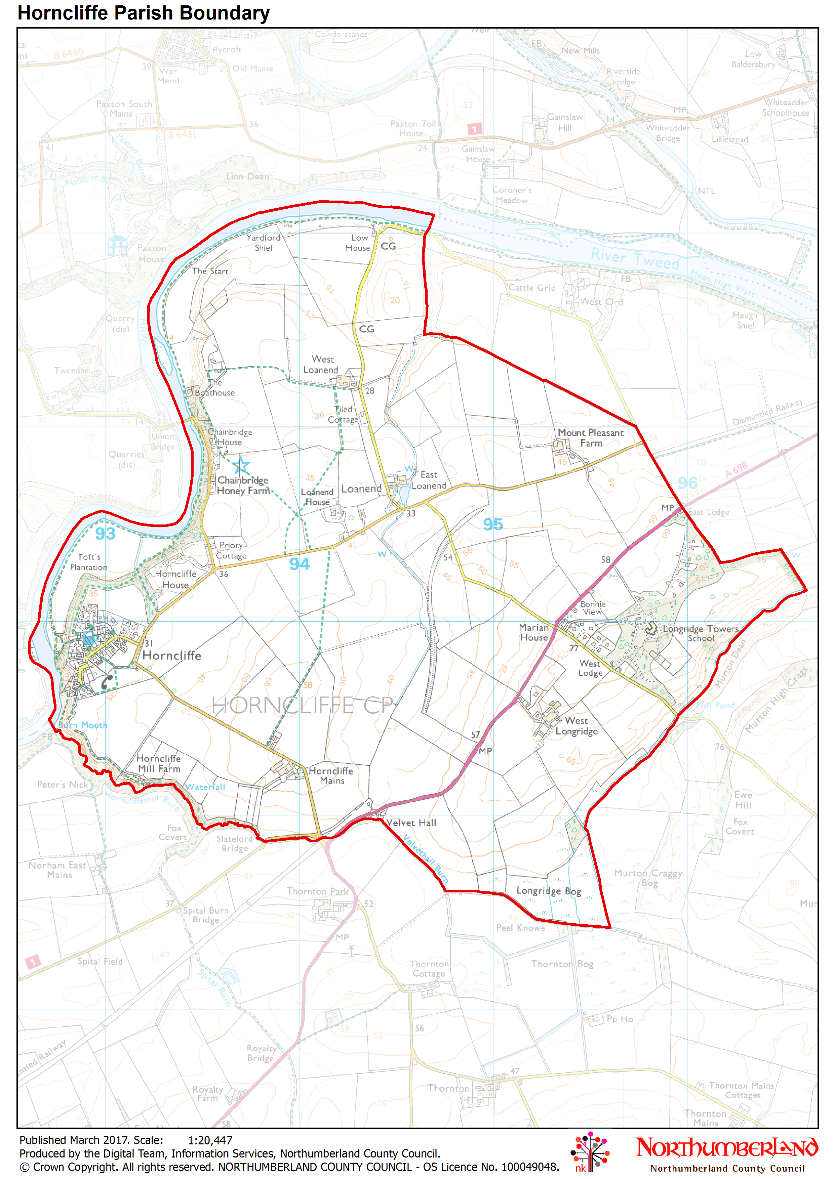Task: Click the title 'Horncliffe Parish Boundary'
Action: point(144,13)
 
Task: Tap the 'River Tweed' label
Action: point(635,258)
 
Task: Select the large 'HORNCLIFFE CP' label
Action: point(303,706)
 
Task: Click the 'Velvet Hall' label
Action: point(411,823)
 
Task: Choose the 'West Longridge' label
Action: point(576,726)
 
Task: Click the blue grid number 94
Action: point(300,564)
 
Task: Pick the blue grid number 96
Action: point(687,483)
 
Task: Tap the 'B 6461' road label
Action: point(182,134)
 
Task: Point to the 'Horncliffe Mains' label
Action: point(331,775)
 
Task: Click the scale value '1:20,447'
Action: point(210,1140)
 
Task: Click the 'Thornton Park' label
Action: point(318,891)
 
